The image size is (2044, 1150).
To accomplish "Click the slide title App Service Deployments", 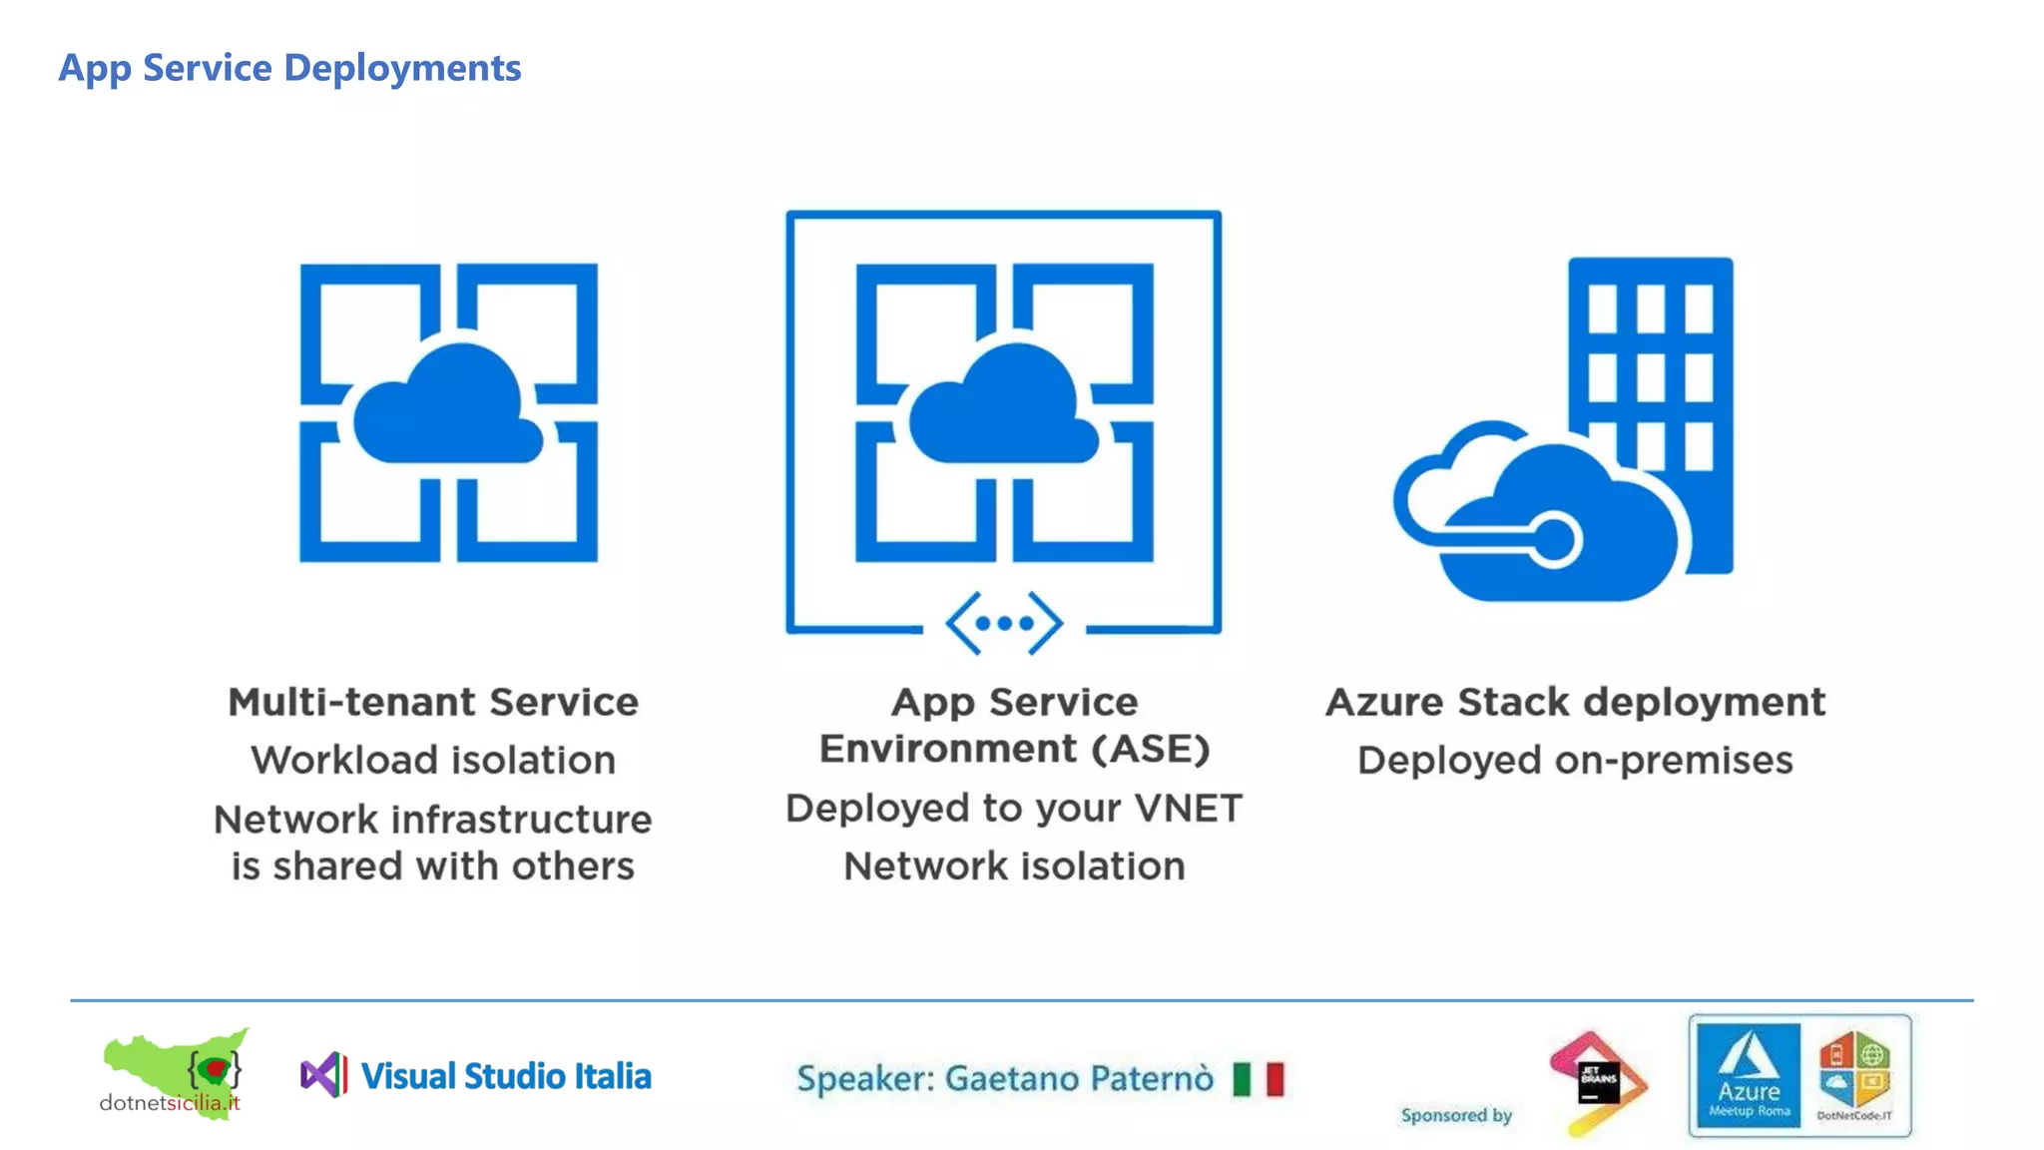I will point(289,68).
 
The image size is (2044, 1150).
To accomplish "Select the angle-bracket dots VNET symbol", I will point(1004,623).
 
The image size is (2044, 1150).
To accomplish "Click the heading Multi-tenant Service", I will point(432,702).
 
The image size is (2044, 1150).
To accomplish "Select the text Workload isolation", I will point(432,761).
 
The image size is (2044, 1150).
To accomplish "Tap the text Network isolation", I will point(1014,865).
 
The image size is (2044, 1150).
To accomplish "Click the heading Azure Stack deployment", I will point(1575,702).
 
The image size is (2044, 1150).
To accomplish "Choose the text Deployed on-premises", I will point(1575,761).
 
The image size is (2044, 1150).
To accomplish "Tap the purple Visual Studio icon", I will point(323,1075).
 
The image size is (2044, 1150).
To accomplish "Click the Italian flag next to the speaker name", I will point(1258,1078).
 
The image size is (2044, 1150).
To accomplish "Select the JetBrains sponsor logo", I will point(1597,1082).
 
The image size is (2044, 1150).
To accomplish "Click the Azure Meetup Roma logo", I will point(1748,1075).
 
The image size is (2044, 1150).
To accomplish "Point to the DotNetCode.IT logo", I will point(1854,1075).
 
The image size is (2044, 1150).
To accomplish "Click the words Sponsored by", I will point(1456,1115).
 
